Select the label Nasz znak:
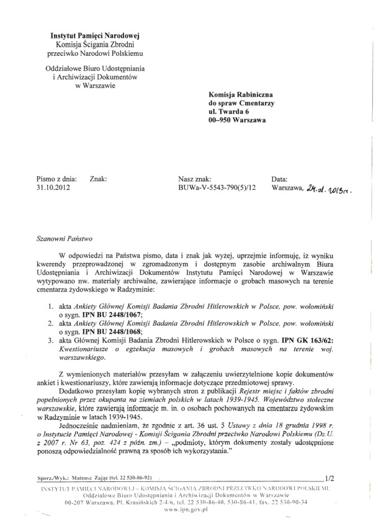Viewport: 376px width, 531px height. pos(195,179)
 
